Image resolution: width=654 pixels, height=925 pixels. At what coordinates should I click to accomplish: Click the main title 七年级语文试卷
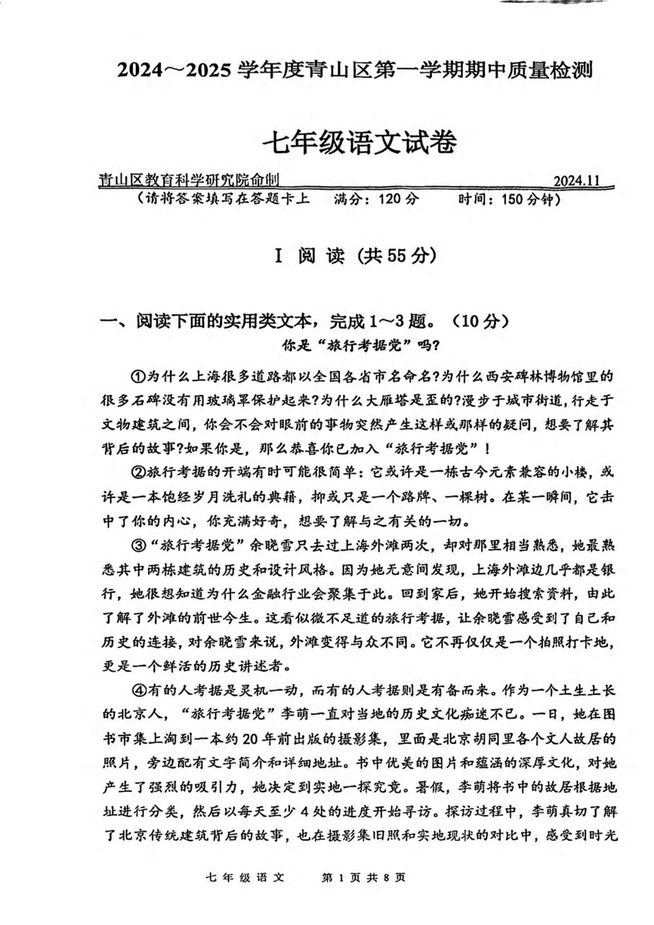(359, 142)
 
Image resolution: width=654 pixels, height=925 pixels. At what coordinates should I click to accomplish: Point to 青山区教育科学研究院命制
(189, 180)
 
